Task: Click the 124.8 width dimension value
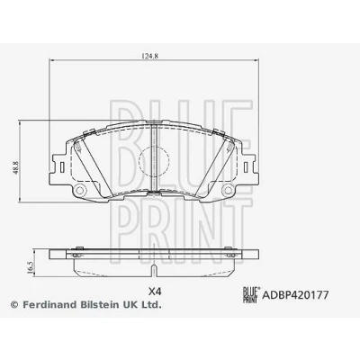coord(149,56)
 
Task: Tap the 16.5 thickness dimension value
coord(30,266)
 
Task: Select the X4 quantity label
coord(156,291)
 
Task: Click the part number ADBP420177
coord(295,295)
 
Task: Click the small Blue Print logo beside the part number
coord(251,295)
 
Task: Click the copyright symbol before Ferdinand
coord(15,305)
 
